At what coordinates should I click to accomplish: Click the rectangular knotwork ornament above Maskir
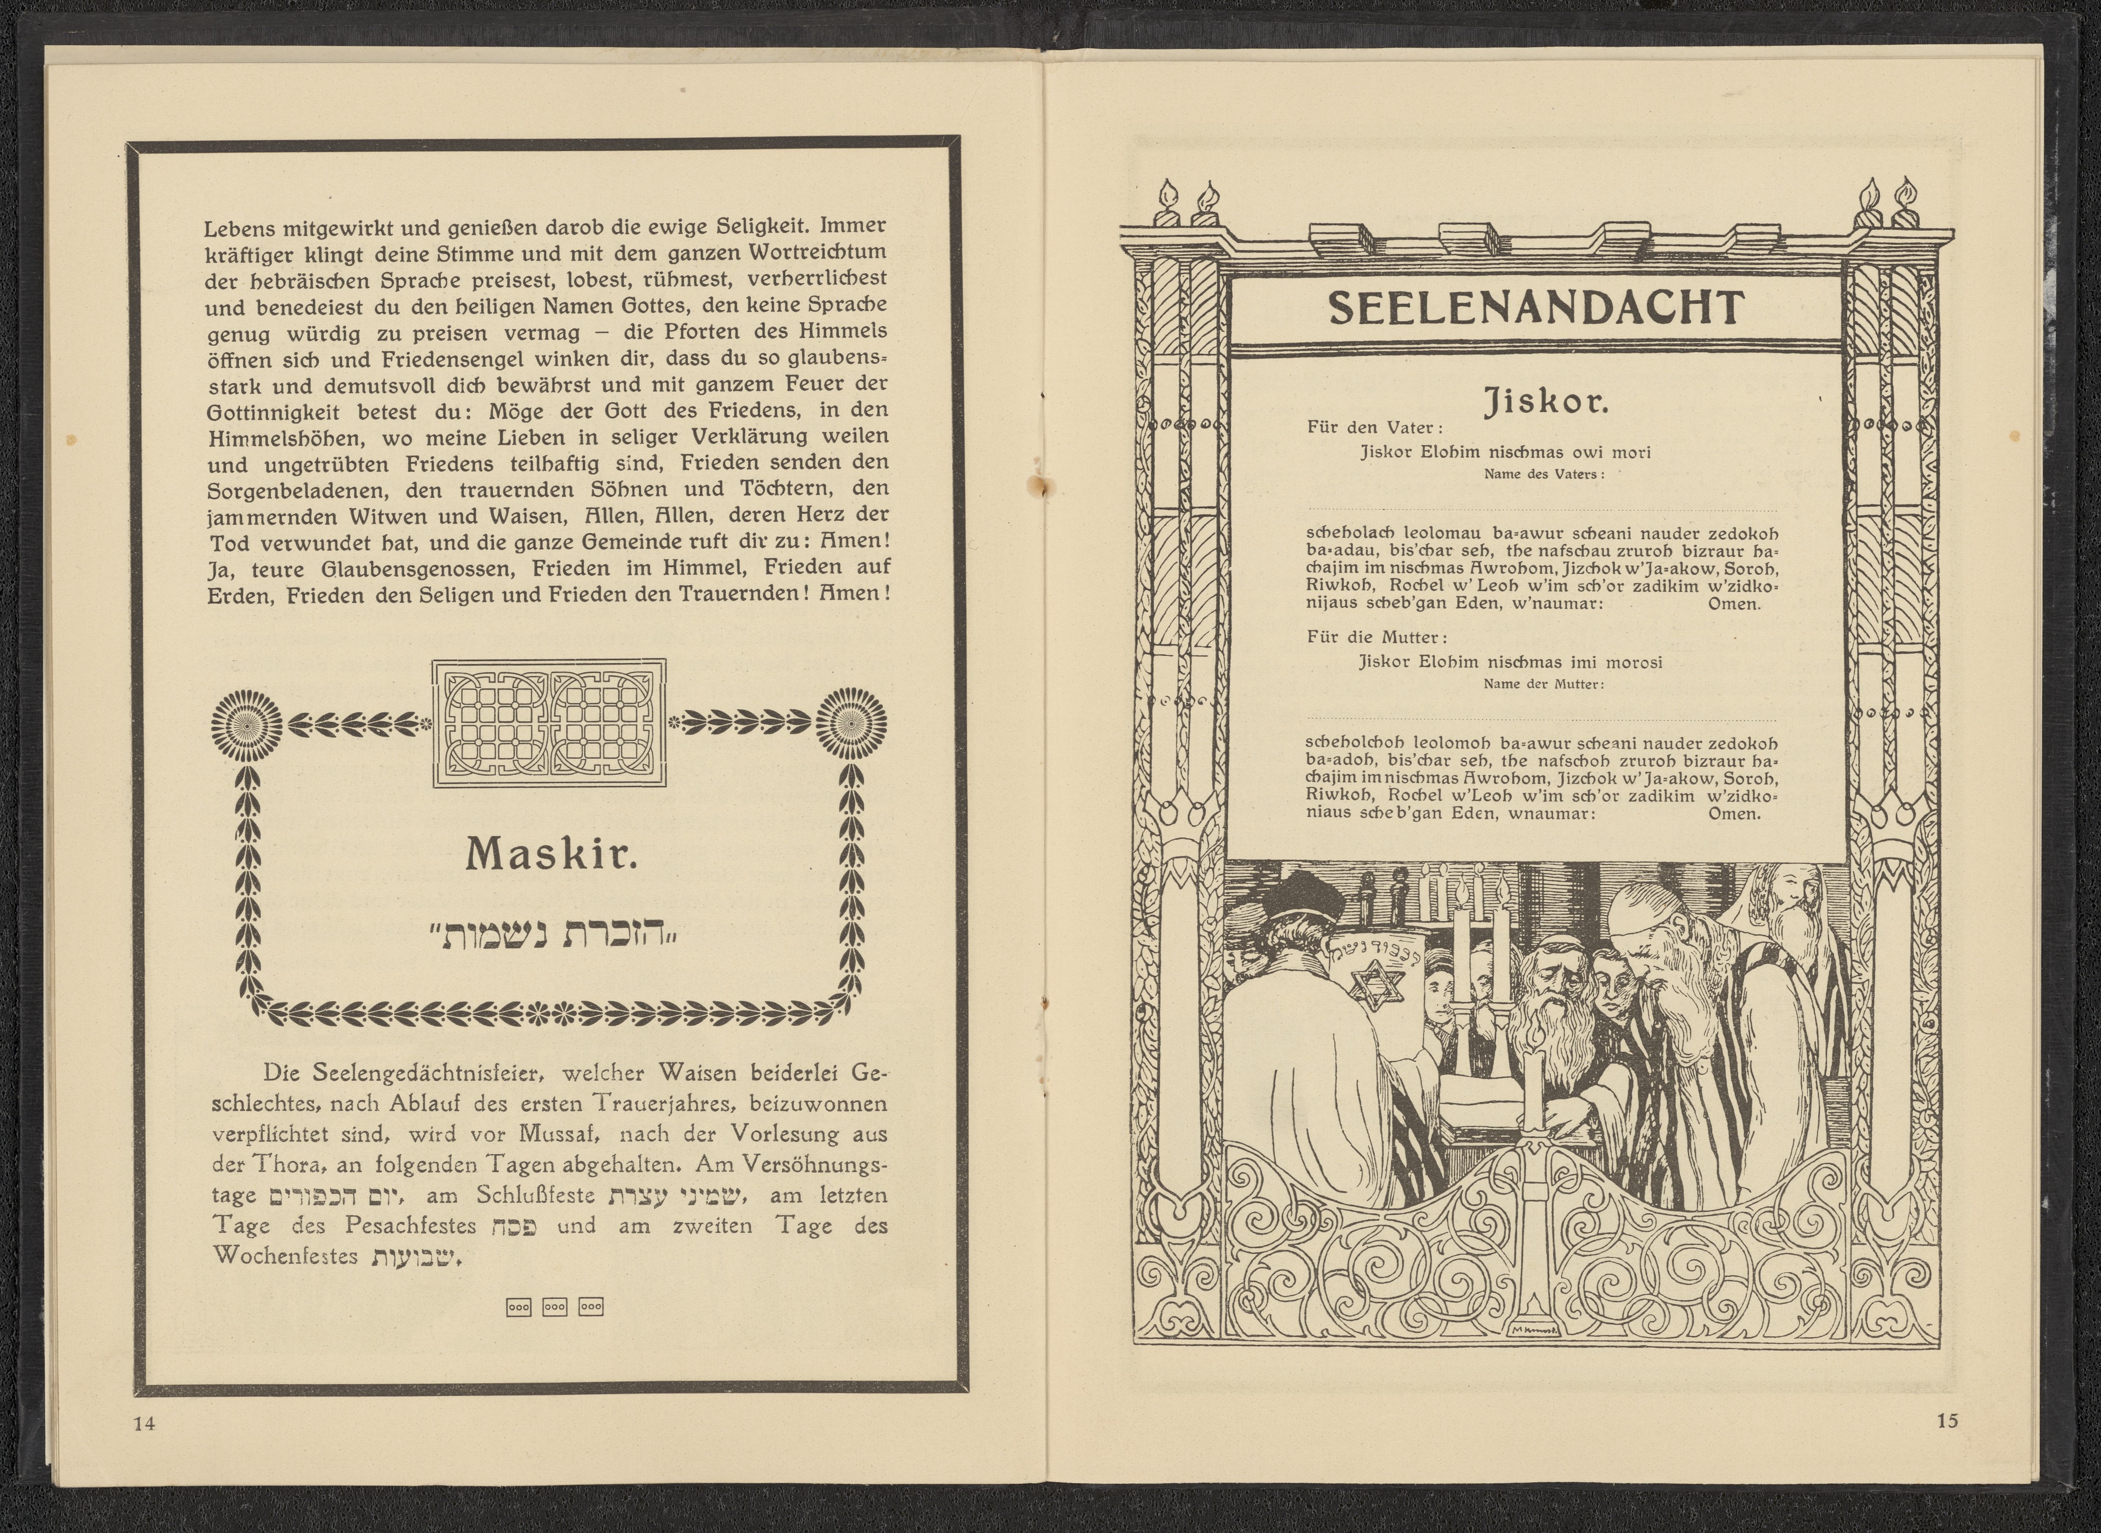pos(549,724)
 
